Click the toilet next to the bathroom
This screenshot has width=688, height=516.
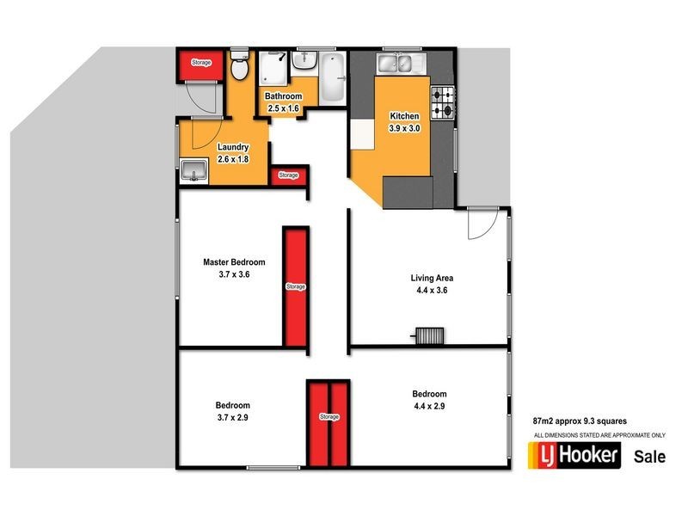click(240, 65)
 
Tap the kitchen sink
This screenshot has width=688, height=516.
click(396, 63)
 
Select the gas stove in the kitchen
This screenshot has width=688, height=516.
click(443, 102)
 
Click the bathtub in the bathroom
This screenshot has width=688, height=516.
click(331, 77)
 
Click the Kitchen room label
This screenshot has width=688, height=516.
click(403, 116)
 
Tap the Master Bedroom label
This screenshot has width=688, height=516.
click(234, 262)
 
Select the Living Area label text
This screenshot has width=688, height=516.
click(431, 278)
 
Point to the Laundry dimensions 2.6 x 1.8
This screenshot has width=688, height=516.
click(233, 158)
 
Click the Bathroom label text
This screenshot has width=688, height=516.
click(282, 96)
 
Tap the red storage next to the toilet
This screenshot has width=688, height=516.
click(200, 63)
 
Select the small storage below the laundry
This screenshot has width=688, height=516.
click(288, 175)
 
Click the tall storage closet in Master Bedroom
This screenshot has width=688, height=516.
click(295, 286)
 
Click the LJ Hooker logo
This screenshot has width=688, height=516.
click(574, 455)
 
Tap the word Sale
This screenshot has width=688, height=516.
click(649, 457)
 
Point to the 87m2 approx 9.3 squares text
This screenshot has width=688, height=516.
click(580, 421)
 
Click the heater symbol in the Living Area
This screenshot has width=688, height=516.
click(429, 335)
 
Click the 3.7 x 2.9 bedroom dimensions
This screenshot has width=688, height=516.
click(232, 418)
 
